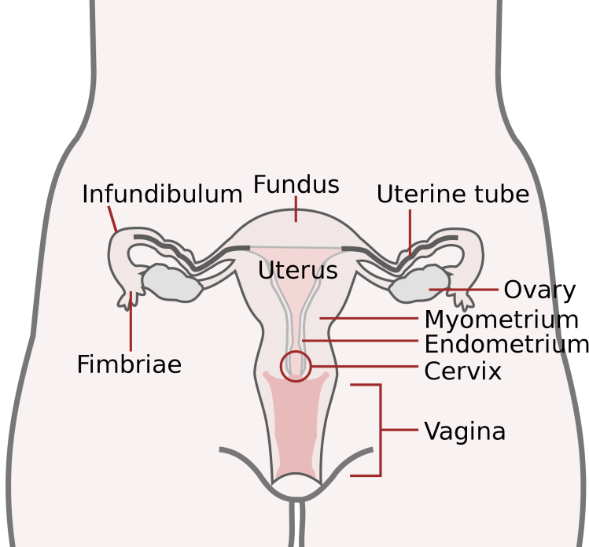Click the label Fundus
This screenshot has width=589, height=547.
pos(296,185)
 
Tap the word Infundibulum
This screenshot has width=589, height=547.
pos(162,194)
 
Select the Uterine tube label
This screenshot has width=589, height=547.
pos(452,194)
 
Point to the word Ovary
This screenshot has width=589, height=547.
pos(539,290)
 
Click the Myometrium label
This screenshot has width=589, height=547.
pos(501,320)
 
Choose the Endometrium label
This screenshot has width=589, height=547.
pos(506,345)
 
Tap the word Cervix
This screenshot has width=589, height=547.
pos(462,371)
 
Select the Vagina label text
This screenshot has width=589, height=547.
pos(465,431)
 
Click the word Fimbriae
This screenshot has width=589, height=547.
pos(129,364)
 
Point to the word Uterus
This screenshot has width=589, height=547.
pos(297,271)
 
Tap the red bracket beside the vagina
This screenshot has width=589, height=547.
pos(380,430)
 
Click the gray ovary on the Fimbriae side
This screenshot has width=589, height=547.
pos(169,283)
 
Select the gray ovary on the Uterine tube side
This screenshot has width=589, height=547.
pos(418,284)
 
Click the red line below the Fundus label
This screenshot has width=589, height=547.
pos(296,209)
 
